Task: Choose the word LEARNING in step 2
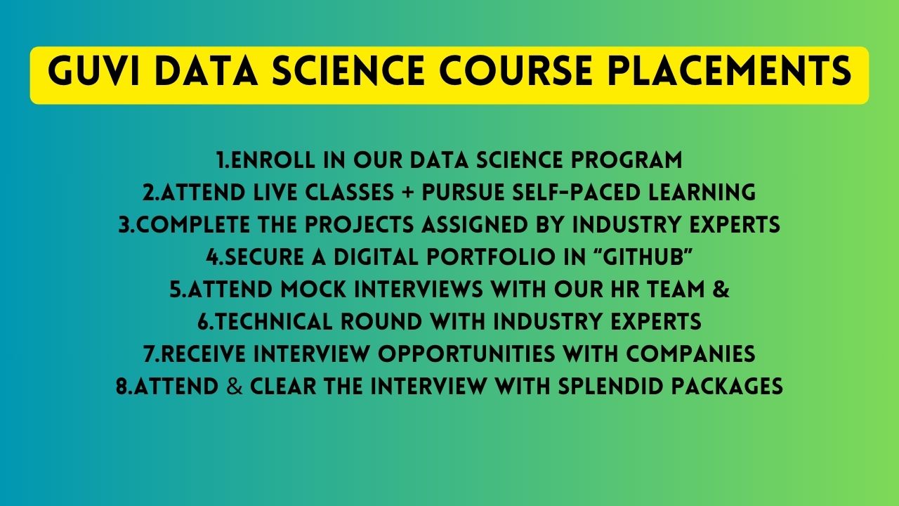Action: [x=703, y=192]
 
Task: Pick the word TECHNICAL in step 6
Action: [x=274, y=321]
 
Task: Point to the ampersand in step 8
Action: [x=235, y=386]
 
